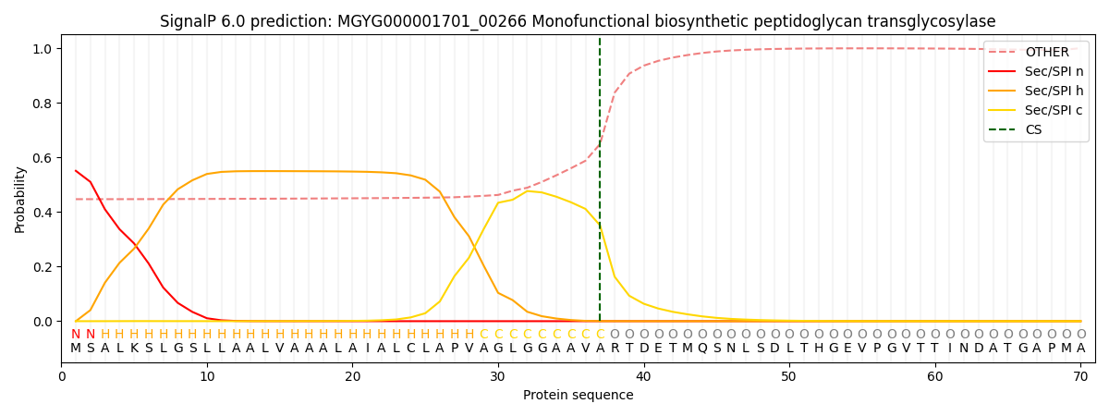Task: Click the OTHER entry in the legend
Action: click(x=1046, y=53)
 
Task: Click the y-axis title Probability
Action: click(x=20, y=199)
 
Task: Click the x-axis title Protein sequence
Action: click(x=578, y=395)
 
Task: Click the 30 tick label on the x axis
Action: click(x=498, y=376)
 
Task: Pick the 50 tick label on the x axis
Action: click(x=788, y=376)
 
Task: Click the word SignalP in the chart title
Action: click(x=189, y=21)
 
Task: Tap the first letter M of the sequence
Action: click(x=76, y=349)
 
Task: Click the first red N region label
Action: click(x=76, y=335)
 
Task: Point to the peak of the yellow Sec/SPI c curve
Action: click(x=528, y=190)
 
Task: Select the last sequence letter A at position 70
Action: click(x=1080, y=349)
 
